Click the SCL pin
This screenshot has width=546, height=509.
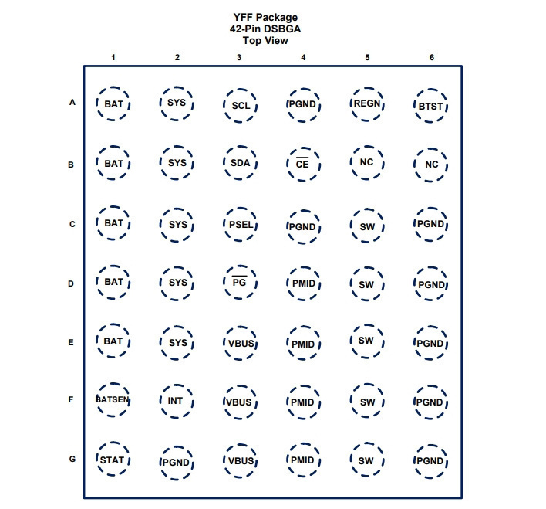[241, 105]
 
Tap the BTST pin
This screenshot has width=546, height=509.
[431, 106]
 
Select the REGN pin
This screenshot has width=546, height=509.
[367, 104]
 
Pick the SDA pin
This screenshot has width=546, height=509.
[241, 162]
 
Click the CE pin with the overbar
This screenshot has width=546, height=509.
[303, 164]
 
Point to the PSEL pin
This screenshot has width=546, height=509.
[241, 224]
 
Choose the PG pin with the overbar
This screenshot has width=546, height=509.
[241, 282]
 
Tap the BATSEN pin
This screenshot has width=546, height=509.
[113, 400]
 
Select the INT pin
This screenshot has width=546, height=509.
[177, 401]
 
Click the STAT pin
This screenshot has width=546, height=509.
[113, 460]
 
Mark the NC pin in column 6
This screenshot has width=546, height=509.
[431, 165]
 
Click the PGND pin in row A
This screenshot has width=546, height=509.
[303, 105]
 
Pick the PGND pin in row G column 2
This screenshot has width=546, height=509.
[177, 463]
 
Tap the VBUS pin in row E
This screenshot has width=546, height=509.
[241, 343]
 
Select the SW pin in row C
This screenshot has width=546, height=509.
[367, 226]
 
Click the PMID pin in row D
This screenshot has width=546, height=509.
[303, 283]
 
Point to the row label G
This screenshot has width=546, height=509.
[72, 459]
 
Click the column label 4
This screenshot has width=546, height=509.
[303, 58]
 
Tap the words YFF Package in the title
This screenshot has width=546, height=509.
[265, 18]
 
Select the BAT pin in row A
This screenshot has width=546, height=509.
[113, 103]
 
